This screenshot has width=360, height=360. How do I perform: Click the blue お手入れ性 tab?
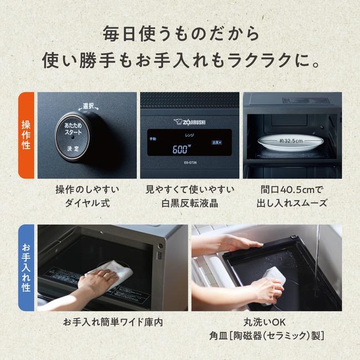26,268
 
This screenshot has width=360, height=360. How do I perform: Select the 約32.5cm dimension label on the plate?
291,141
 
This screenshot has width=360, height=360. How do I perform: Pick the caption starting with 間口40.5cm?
292,197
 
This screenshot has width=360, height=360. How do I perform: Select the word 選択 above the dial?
89,106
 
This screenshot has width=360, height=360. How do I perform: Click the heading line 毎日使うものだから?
181,33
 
